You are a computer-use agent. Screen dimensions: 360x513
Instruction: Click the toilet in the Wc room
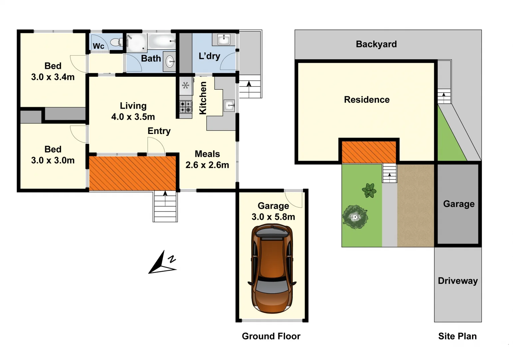[115, 42]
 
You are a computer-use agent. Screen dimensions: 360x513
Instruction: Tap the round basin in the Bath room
[170, 61]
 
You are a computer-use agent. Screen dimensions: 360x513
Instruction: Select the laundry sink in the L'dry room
[224, 39]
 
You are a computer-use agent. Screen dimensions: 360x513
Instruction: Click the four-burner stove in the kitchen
[186, 107]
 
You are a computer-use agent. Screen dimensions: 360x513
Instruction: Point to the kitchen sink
[230, 105]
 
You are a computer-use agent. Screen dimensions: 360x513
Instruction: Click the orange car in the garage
[272, 269]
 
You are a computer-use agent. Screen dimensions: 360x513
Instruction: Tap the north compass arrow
[162, 263]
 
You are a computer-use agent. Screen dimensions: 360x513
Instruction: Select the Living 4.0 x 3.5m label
[133, 111]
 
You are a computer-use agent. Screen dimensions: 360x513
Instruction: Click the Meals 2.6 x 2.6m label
[207, 159]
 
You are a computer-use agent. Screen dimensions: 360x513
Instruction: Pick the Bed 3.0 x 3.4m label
[53, 71]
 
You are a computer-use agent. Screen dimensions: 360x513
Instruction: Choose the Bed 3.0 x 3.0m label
[53, 155]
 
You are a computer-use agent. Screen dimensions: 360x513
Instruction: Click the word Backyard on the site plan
[376, 44]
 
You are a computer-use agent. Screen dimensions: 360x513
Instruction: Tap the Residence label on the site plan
[366, 100]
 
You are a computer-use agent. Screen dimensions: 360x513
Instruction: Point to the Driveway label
[457, 281]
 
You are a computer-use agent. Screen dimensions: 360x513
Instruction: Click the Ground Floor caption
[271, 336]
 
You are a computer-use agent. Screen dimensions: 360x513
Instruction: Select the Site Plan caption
[457, 336]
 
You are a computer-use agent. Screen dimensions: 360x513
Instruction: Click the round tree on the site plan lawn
[355, 217]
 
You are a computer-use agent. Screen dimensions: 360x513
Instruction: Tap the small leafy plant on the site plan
[369, 191]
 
